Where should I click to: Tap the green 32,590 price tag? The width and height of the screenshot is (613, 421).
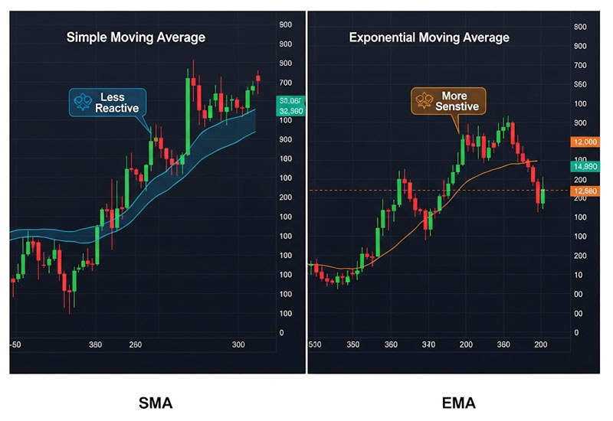tap(292, 111)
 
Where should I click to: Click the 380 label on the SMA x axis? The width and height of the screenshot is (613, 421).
tap(96, 344)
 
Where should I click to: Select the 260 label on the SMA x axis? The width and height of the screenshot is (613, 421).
tap(136, 344)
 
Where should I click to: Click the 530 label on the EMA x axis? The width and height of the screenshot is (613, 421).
tap(315, 344)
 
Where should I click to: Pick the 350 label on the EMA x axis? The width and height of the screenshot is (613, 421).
tap(353, 344)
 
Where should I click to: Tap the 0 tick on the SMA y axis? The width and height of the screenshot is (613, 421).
tap(282, 333)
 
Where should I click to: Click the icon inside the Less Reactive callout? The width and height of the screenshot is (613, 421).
tap(80, 100)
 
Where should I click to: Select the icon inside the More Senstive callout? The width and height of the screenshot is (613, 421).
tap(421, 100)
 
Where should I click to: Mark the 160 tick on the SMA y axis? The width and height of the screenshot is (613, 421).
tap(286, 159)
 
